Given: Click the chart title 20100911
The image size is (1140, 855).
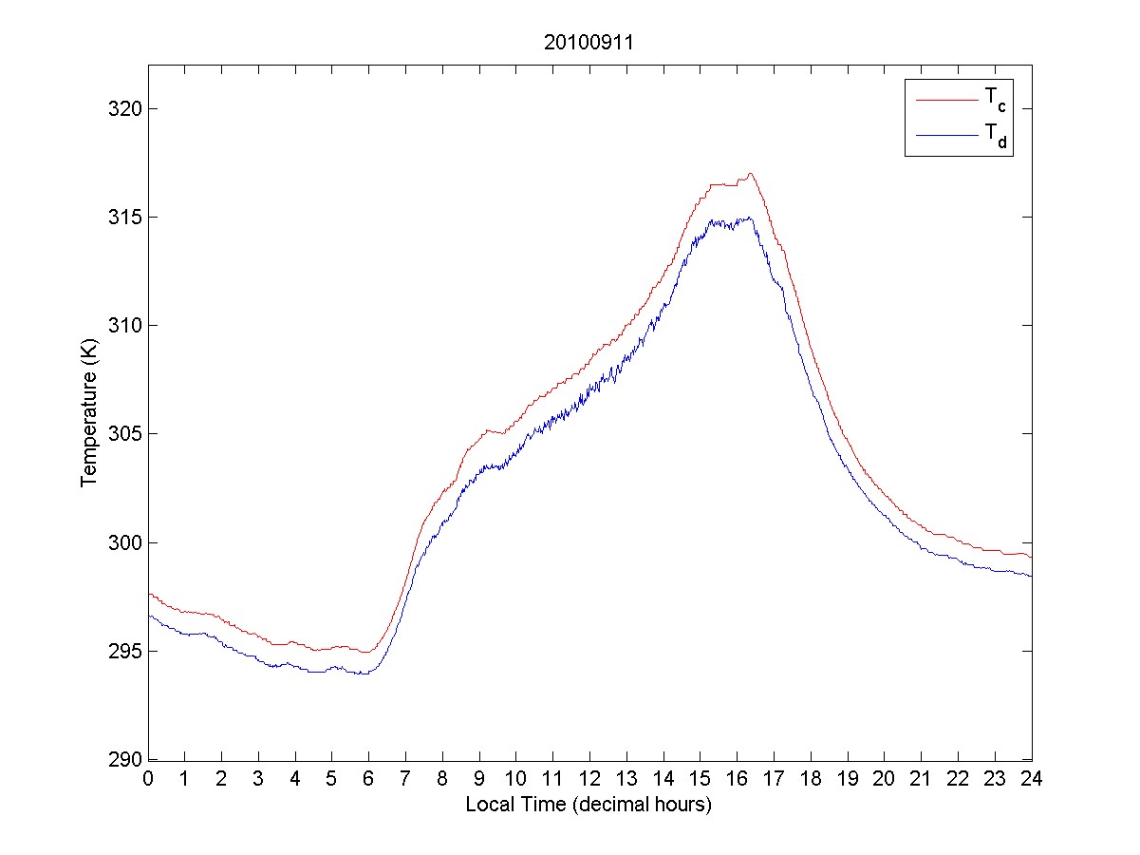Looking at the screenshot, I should pyautogui.click(x=589, y=43).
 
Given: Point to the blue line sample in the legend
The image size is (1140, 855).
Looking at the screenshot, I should pyautogui.click(x=945, y=137).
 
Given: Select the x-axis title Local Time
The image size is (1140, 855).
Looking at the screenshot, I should pyautogui.click(x=589, y=805).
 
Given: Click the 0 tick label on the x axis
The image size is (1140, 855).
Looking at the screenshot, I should pyautogui.click(x=148, y=779).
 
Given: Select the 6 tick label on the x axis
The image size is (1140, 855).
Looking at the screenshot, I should pyautogui.click(x=368, y=779).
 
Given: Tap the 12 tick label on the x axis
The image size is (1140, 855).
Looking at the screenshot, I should pyautogui.click(x=589, y=779).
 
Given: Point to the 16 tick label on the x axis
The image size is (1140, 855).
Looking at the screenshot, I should pyautogui.click(x=737, y=779).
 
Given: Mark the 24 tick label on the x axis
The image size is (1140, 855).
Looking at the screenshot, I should pyautogui.click(x=1031, y=779).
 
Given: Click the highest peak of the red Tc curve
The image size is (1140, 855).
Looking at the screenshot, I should pyautogui.click(x=750, y=174).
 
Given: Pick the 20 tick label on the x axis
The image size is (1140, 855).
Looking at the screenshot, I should pyautogui.click(x=884, y=779).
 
